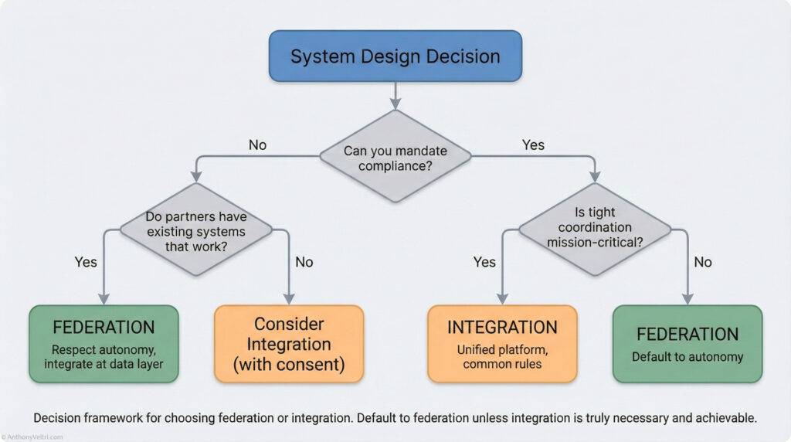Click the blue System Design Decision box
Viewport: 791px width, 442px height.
[x=395, y=56]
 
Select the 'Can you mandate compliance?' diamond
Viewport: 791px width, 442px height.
[x=395, y=156]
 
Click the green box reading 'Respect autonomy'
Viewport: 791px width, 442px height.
[x=104, y=344]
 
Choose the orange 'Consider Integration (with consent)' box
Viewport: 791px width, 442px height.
[x=289, y=344]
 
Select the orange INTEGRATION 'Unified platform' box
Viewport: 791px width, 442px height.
[x=502, y=344]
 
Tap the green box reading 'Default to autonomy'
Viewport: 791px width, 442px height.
[x=687, y=344]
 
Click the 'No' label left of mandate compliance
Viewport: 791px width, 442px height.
[x=257, y=145]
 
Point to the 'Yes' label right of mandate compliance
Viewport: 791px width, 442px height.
[x=533, y=145]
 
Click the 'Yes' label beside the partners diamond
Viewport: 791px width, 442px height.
[x=87, y=262]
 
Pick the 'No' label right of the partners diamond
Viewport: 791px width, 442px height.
[x=304, y=262]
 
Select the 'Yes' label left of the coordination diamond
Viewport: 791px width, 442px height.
[x=484, y=262]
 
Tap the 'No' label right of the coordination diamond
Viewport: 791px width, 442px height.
[x=703, y=262]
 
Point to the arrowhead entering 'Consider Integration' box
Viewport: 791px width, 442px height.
[x=289, y=300]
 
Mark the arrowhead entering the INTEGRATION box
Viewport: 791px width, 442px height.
[x=502, y=300]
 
